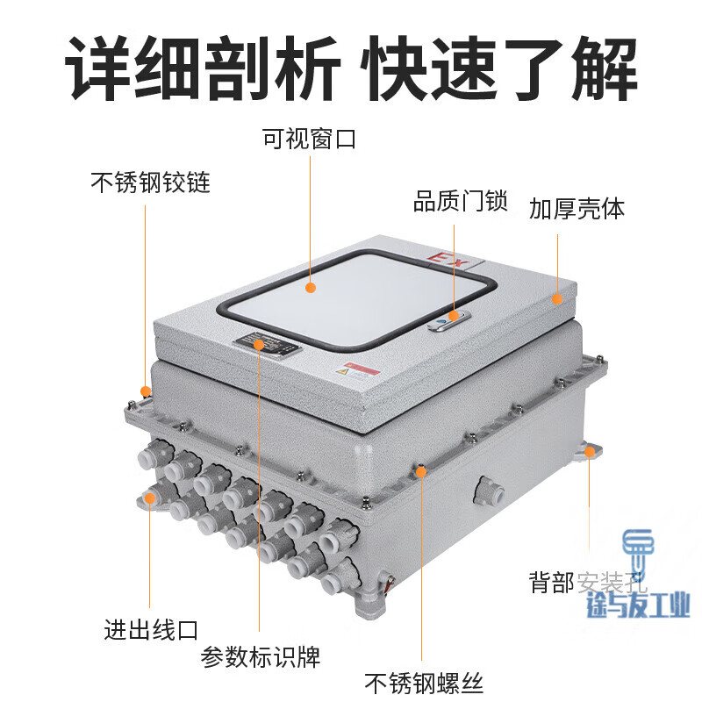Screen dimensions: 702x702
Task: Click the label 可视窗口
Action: click(x=309, y=139)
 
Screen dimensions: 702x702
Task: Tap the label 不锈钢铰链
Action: click(x=150, y=183)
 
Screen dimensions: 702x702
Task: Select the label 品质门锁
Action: click(x=460, y=203)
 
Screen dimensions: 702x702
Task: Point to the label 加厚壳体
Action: click(x=577, y=209)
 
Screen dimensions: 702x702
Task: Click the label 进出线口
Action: click(x=151, y=629)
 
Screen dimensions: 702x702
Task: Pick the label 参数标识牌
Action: click(x=261, y=655)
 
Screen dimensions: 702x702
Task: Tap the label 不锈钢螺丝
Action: click(x=424, y=683)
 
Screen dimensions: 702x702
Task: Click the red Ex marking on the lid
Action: click(x=450, y=259)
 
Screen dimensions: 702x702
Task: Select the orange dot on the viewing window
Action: click(x=311, y=287)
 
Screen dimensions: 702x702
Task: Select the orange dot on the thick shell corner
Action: click(x=556, y=299)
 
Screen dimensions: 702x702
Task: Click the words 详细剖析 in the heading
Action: click(x=203, y=70)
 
